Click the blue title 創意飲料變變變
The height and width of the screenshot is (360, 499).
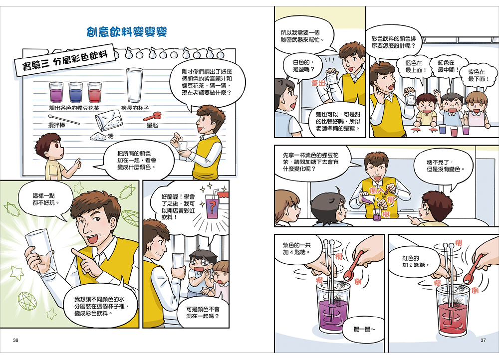click(x=127, y=32)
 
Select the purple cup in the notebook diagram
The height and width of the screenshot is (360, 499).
click(x=56, y=92)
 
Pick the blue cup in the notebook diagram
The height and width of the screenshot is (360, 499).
click(x=75, y=92)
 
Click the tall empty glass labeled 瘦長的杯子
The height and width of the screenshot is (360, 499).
click(x=135, y=85)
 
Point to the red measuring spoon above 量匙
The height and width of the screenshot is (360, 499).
click(x=152, y=116)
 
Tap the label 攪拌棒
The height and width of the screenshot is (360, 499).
click(x=57, y=125)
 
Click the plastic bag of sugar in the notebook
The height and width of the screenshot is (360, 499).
click(x=109, y=120)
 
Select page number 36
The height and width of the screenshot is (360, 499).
click(x=15, y=340)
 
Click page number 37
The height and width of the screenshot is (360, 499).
click(x=483, y=340)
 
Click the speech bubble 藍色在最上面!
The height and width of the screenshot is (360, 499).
click(x=413, y=67)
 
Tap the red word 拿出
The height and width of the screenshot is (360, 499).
click(x=318, y=83)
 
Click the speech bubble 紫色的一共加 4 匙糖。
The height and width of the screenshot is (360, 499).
click(x=296, y=249)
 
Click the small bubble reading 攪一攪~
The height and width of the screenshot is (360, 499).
click(x=363, y=329)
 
